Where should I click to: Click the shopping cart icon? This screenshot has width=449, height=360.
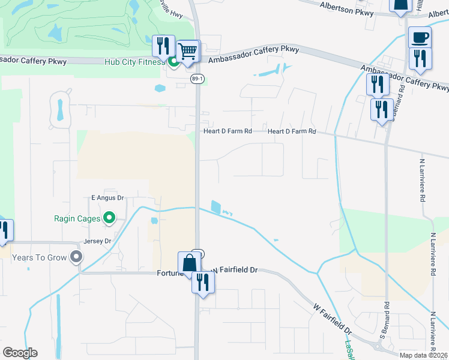[188, 52]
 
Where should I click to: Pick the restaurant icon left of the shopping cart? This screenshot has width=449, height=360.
[163, 46]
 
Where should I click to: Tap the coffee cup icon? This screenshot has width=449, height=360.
[420, 37]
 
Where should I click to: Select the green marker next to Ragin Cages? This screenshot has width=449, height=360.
[109, 218]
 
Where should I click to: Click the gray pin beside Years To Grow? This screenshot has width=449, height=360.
[76, 257]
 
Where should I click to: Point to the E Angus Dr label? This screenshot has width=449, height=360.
[107, 197]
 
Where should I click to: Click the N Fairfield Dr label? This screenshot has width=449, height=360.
[236, 271]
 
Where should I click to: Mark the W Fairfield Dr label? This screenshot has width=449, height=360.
[332, 318]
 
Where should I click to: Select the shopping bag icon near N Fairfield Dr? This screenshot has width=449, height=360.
[189, 263]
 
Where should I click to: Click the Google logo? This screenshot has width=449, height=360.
[20, 353]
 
